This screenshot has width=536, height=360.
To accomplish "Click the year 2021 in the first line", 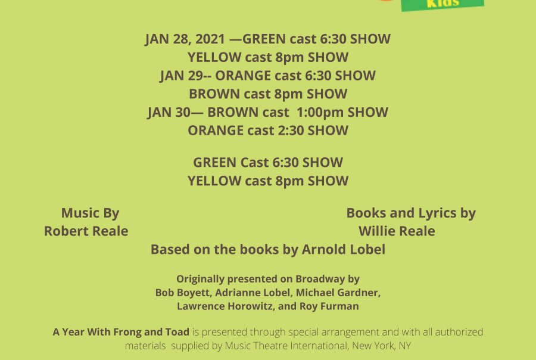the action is tap(210, 39).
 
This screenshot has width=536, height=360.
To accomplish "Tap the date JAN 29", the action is tap(182, 76).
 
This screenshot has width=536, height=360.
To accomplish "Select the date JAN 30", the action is tap(169, 112).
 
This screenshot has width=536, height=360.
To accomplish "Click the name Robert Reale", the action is tap(86, 231).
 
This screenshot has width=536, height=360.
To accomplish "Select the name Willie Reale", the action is tap(397, 231).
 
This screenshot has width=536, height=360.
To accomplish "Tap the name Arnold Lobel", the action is tap(344, 250).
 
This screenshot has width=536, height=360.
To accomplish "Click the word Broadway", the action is tap(320, 280).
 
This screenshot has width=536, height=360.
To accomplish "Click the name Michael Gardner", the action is tap(337, 293).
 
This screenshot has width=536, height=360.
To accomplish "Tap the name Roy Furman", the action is tap(329, 306).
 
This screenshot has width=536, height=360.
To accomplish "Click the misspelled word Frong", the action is tap(127, 332).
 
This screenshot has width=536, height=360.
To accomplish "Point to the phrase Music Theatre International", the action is tap(286, 346).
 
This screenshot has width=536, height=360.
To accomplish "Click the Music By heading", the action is tap(91, 213).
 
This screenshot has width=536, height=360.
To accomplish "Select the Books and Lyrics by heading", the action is tap(411, 213).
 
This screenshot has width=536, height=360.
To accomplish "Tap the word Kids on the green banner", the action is tap(443, 4).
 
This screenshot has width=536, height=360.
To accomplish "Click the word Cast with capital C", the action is tap(255, 163).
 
